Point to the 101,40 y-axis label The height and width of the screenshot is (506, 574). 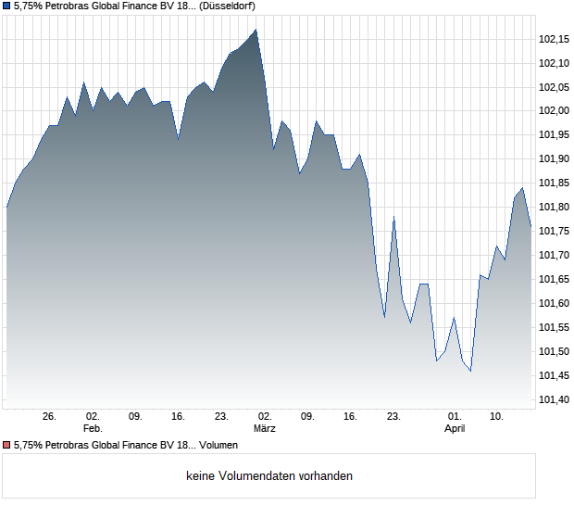coord(553,400)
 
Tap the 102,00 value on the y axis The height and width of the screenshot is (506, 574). coord(553,111)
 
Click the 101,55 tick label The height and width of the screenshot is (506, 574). coord(553,328)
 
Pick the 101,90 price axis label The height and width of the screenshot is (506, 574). coord(553,159)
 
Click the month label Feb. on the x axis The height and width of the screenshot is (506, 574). coord(92,429)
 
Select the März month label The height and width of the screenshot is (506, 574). coord(266,429)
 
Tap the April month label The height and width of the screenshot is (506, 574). coord(455,429)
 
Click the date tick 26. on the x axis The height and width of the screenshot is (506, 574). coord(50,417)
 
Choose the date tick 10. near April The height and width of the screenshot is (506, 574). coord(497,417)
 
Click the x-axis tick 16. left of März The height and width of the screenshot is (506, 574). coord(179,417)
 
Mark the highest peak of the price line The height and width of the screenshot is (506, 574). coord(256,30)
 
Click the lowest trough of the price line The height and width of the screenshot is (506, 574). coord(470,371)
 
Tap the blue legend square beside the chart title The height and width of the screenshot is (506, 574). coord(6,6)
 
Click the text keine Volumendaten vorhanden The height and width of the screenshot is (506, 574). coord(269,476)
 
